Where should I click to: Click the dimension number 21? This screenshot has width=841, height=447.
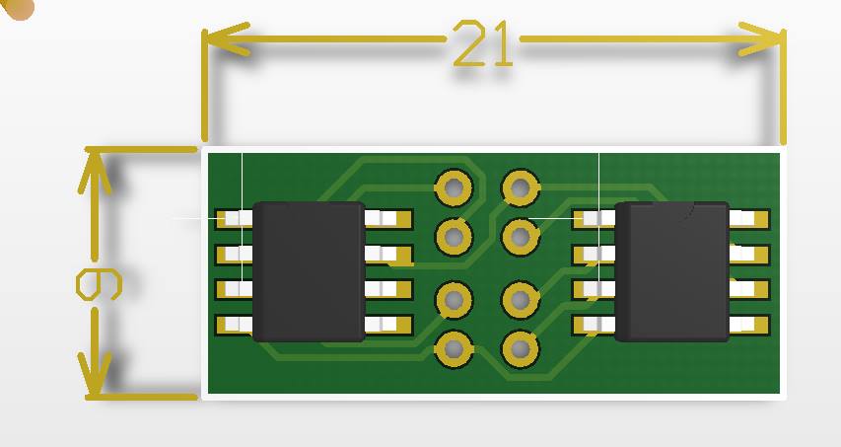coord(483,43)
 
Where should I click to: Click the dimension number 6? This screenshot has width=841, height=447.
coord(100,284)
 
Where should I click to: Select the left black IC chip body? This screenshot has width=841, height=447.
coord(309,271)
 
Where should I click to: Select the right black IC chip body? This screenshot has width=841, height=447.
coord(672,271)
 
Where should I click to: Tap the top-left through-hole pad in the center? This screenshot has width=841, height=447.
coord(454,187)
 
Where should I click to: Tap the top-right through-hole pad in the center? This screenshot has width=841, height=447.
coord(520,187)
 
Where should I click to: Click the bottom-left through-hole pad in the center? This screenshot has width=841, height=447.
coord(454,349)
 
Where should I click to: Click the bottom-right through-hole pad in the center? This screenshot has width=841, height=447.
coord(520,349)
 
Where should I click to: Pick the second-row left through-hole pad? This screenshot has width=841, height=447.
coord(454,236)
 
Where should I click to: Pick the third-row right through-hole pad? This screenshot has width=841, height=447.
coord(520,299)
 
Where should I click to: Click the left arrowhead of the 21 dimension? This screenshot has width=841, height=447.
coord(225,39)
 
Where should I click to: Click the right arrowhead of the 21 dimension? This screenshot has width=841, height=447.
coord(761,39)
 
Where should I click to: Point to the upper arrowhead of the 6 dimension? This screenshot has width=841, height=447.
coord(95,171)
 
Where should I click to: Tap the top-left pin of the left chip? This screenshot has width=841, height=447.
coord(234,219)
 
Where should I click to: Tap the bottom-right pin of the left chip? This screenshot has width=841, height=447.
coord(388,325)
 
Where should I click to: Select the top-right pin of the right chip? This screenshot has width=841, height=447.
coord(749,219)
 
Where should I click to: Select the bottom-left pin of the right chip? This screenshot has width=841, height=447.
coord(595,325)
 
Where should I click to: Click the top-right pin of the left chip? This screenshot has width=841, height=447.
coord(388,219)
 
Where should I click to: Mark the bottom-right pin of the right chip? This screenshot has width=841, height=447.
coord(749,325)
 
